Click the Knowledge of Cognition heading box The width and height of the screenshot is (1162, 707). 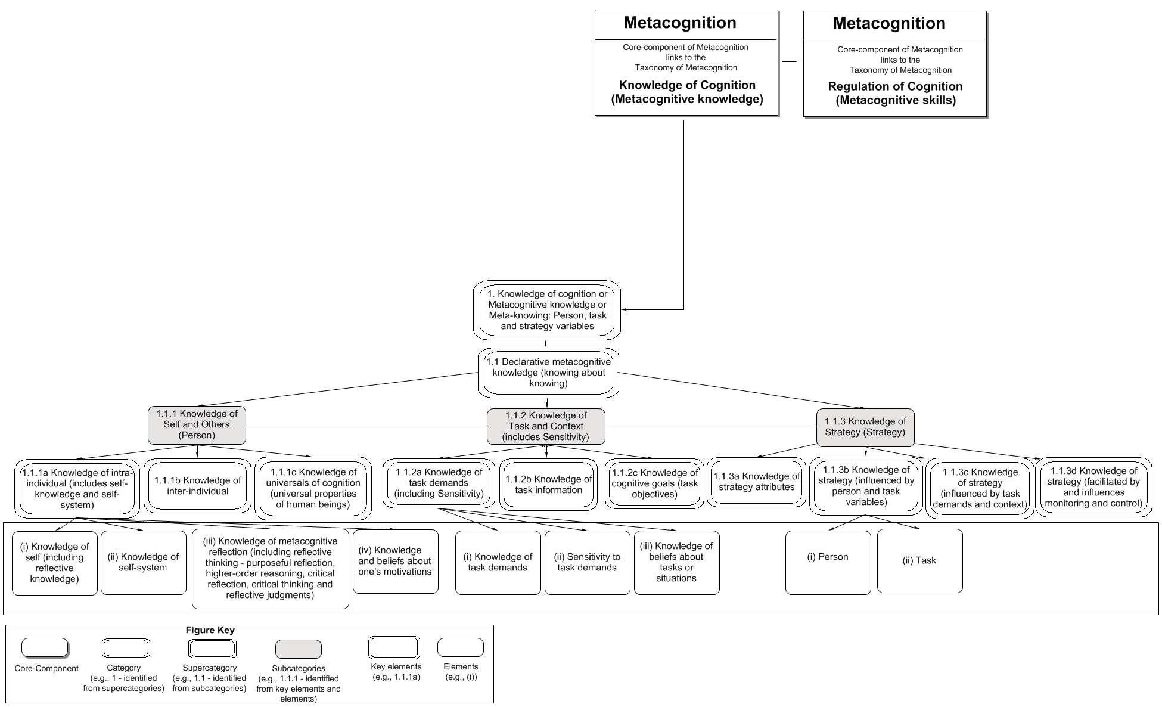(686, 63)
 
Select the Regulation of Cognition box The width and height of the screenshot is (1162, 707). (895, 64)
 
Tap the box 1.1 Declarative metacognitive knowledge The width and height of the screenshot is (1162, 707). (548, 373)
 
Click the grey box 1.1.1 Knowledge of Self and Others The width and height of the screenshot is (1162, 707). (197, 425)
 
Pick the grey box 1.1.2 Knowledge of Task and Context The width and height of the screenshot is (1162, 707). (546, 426)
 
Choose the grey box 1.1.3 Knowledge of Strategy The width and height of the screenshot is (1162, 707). (865, 427)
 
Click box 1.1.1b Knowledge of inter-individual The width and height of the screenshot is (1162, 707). (197, 486)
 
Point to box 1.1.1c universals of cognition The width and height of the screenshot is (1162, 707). (313, 488)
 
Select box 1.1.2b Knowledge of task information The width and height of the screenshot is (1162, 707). (548, 485)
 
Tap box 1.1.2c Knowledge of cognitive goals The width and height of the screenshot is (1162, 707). (654, 483)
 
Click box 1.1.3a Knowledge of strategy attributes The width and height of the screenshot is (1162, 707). (756, 482)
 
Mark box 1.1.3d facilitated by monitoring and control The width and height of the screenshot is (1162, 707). (1093, 487)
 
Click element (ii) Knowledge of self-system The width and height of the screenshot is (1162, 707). (143, 562)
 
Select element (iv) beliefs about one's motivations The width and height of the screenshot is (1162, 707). (395, 561)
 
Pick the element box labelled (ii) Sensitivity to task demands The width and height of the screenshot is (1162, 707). (587, 562)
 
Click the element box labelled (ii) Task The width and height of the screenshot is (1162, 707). (919, 560)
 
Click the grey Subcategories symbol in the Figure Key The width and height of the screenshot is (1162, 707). (298, 649)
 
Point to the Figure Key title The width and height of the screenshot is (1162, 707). (210, 630)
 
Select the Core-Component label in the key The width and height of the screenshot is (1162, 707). (46, 668)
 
